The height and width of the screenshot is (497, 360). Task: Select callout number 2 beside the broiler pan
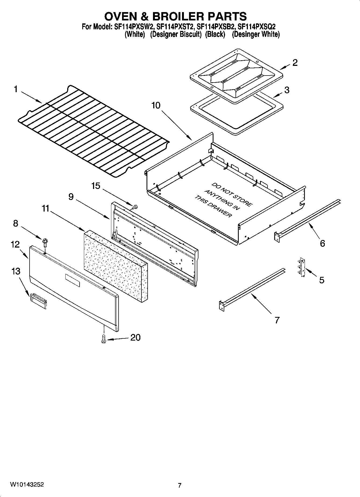tap(295, 63)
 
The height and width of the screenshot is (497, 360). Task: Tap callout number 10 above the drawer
tap(156, 105)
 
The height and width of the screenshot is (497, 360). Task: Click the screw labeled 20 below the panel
tap(103, 339)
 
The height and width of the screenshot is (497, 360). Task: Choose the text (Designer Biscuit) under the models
tap(176, 34)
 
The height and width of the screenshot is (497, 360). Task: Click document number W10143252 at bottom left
tap(27, 484)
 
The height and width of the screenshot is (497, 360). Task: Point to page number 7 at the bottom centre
tap(180, 485)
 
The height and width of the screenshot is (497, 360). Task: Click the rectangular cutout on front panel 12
tap(72, 280)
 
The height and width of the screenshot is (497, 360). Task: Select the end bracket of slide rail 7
tap(222, 306)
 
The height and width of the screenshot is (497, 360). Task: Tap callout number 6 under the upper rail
tap(322, 243)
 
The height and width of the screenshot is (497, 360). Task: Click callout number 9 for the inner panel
tap(71, 197)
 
